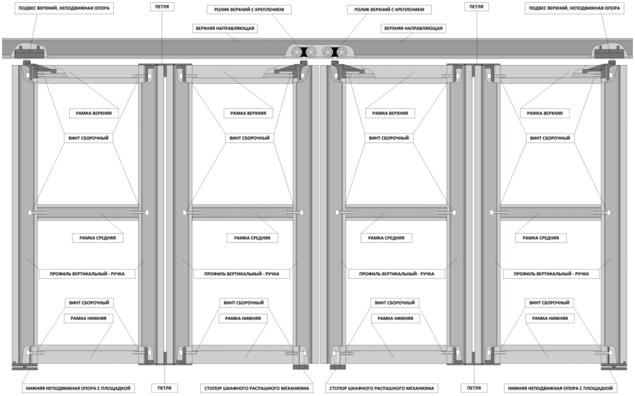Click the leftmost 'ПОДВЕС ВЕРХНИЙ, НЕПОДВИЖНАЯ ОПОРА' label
[64, 8]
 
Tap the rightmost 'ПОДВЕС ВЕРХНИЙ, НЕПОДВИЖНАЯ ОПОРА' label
[574, 8]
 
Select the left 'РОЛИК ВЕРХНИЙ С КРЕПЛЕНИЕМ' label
[249, 9]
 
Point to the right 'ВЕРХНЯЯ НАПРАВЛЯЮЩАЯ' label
[414, 29]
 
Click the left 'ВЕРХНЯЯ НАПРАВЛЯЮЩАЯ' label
[225, 29]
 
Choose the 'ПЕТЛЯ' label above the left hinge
[162, 6]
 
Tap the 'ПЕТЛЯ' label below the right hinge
[474, 388]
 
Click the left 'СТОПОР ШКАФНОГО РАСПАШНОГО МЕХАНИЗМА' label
[257, 388]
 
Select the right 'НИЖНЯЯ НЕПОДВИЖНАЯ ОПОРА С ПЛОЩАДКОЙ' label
[560, 388]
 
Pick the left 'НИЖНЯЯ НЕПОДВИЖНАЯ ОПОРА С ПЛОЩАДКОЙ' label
[78, 388]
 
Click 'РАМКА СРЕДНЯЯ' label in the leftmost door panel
[98, 238]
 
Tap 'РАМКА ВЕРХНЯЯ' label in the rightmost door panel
[545, 113]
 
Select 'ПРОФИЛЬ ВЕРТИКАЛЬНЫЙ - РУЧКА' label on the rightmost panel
[551, 274]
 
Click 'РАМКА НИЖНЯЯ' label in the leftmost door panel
[89, 318]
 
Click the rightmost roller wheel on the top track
[342, 52]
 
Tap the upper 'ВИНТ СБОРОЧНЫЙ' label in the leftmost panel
[89, 138]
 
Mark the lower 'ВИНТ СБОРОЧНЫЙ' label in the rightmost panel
[549, 303]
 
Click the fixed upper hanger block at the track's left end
[29, 52]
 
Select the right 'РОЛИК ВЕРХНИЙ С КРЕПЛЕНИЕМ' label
[389, 9]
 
